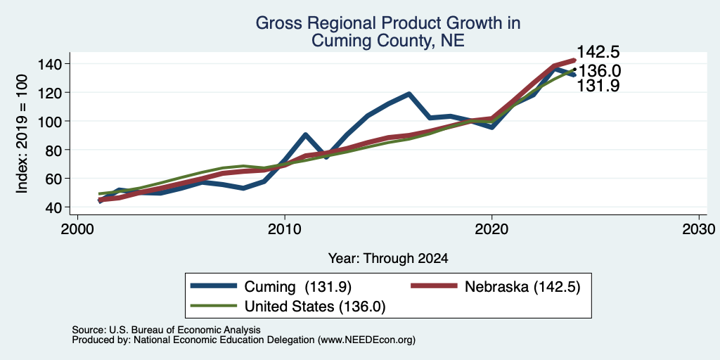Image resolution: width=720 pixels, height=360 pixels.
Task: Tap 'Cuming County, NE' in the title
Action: pos(388,41)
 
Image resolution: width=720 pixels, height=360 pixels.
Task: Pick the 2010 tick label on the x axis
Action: pos(285,229)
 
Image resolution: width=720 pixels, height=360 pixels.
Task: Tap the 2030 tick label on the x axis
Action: pos(699,229)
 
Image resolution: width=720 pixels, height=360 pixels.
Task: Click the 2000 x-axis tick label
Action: pos(77,229)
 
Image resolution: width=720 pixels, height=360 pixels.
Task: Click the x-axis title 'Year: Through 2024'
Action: pos(388,258)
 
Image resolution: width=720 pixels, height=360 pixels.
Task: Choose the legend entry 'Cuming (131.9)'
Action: pos(271,287)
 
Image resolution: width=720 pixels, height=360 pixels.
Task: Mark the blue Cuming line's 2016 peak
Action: pos(409,94)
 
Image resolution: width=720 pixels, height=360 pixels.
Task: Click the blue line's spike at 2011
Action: pos(305,134)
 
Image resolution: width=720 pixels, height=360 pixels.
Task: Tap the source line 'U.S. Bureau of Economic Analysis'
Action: pos(185,330)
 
